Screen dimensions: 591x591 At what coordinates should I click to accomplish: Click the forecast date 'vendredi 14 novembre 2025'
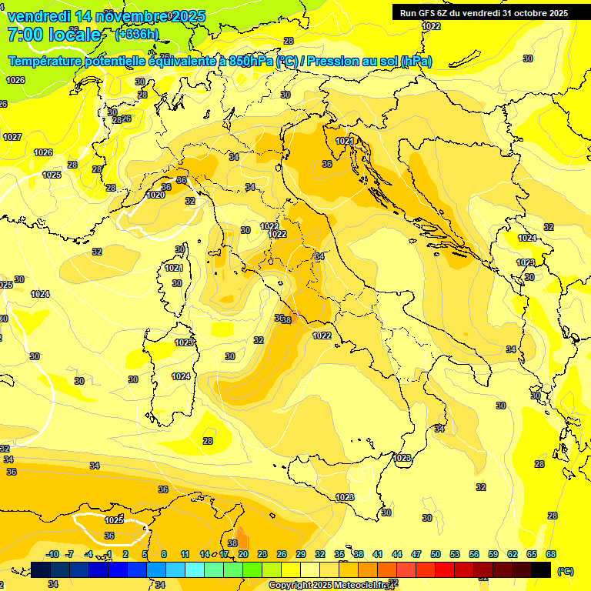[106, 16]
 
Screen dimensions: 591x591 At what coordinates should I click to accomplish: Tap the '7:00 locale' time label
[54, 35]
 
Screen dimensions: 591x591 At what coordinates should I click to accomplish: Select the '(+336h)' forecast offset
[136, 35]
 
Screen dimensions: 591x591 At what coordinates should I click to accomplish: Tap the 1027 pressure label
[12, 137]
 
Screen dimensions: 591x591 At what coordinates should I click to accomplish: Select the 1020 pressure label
[155, 195]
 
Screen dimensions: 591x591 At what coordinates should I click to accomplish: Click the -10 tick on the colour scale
[52, 554]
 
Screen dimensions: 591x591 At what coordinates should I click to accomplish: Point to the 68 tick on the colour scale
[551, 554]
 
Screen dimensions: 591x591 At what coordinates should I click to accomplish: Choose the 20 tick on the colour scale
[242, 554]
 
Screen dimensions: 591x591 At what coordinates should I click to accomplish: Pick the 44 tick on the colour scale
[397, 554]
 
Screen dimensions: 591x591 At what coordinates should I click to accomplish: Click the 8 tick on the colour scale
[164, 554]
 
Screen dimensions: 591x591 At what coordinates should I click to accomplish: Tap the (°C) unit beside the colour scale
[565, 571]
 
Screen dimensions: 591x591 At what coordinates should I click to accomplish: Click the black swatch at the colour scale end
[541, 569]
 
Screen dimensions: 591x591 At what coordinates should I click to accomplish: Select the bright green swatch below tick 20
[252, 569]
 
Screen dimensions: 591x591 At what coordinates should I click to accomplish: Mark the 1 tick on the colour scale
[109, 554]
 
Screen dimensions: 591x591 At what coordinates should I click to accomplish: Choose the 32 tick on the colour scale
[320, 554]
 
